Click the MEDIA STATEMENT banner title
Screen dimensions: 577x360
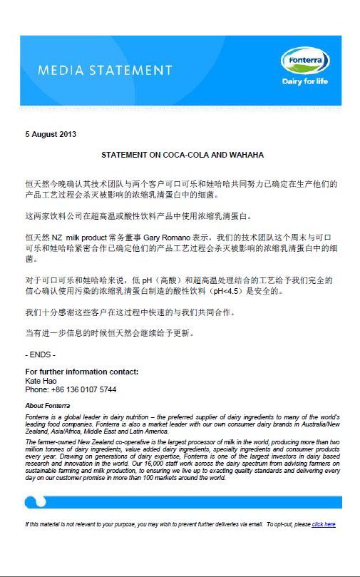tap(105, 71)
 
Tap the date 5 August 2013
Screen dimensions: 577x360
tap(51, 133)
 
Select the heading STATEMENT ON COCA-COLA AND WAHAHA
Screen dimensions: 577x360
tap(182, 155)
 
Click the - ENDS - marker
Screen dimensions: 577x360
tap(40, 354)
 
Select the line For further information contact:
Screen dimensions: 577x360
tap(81, 372)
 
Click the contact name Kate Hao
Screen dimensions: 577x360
tap(41, 381)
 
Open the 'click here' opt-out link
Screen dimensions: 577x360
tap(323, 524)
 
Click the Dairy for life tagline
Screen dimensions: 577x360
tap(304, 81)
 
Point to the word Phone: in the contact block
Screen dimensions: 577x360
tap(37, 390)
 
